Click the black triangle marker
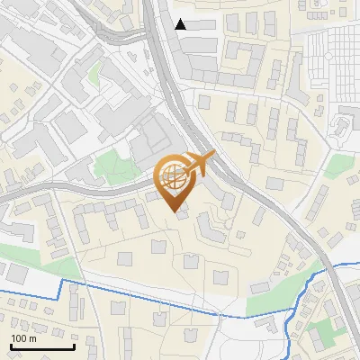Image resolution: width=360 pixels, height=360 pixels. [x=181, y=24]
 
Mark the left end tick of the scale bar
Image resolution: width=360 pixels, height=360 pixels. [x=11, y=346]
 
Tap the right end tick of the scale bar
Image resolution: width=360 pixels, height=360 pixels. [x=74, y=346]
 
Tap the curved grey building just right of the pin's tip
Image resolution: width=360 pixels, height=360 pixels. [x=209, y=226]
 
